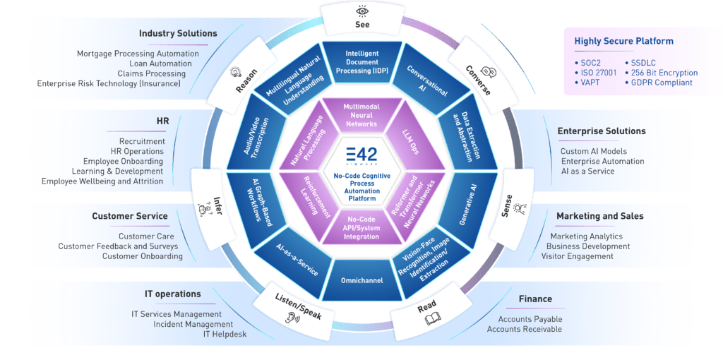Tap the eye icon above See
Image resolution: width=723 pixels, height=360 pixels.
(x=361, y=11)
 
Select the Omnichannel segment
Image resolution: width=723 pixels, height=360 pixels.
(x=361, y=280)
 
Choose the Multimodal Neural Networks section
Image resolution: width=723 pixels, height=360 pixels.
(x=361, y=115)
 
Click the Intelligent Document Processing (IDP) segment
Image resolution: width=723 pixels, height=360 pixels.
(x=361, y=61)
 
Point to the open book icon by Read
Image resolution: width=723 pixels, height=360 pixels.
(x=432, y=320)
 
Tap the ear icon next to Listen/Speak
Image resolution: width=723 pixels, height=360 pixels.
(x=289, y=319)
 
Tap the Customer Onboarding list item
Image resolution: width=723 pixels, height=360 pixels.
(x=142, y=256)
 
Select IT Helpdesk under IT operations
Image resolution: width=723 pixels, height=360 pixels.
(x=225, y=334)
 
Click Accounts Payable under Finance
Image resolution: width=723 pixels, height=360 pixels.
(x=525, y=319)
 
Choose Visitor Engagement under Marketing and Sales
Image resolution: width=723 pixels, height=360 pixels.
(x=577, y=256)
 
